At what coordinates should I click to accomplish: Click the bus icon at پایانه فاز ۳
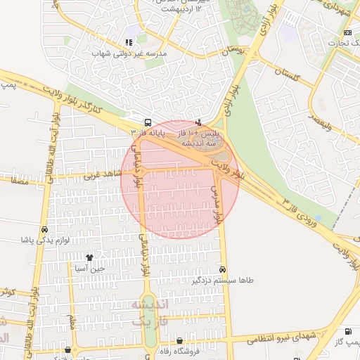(x=146, y=121)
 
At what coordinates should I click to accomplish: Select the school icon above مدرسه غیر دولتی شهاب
(x=129, y=42)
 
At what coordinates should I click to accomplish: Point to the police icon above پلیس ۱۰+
(x=198, y=122)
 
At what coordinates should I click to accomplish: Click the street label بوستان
(x=236, y=51)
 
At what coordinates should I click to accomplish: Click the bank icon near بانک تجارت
(x=347, y=32)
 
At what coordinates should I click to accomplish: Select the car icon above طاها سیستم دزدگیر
(x=223, y=269)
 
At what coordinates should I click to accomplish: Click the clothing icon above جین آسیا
(x=89, y=257)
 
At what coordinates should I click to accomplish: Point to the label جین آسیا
(x=91, y=268)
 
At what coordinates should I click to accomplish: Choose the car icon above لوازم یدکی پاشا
(x=45, y=229)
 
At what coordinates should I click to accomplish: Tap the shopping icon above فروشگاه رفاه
(x=179, y=341)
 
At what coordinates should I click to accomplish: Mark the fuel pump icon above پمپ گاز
(x=347, y=331)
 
